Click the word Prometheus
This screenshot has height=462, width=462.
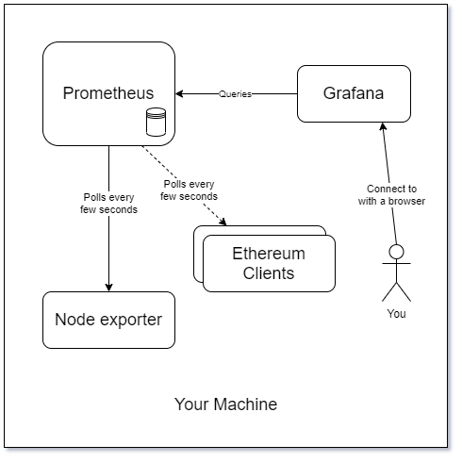[107, 93]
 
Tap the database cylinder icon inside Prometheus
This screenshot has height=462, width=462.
[156, 122]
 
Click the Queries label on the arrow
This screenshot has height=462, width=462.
[235, 94]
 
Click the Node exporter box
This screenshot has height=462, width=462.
[108, 320]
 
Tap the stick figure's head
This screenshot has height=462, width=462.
[396, 252]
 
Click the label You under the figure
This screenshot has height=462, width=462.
[396, 313]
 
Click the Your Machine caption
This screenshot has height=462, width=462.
[226, 404]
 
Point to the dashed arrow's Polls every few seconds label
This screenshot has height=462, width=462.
[190, 190]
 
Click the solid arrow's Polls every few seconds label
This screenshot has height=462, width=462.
[108, 203]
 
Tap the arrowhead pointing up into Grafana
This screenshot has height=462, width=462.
[382, 127]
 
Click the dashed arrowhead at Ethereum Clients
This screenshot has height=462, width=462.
[224, 222]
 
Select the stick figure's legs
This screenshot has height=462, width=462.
[396, 290]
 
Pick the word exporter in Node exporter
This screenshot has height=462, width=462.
[132, 320]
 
